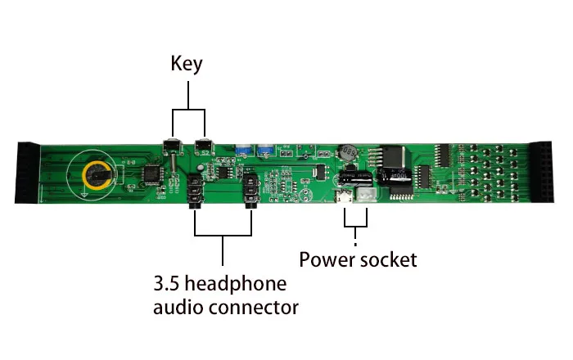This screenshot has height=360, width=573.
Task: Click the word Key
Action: (186, 64)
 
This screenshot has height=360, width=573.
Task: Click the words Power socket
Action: (358, 260)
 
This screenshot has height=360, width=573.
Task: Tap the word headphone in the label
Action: (241, 285)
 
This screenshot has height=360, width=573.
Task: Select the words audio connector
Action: (226, 308)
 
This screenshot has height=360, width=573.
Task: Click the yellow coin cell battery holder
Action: (96, 172)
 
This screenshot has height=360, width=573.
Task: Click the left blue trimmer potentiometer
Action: (243, 151)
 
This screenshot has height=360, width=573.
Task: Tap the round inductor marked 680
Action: (348, 152)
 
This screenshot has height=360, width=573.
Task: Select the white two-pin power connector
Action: (364, 198)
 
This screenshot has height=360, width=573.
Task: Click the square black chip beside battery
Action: (151, 173)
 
